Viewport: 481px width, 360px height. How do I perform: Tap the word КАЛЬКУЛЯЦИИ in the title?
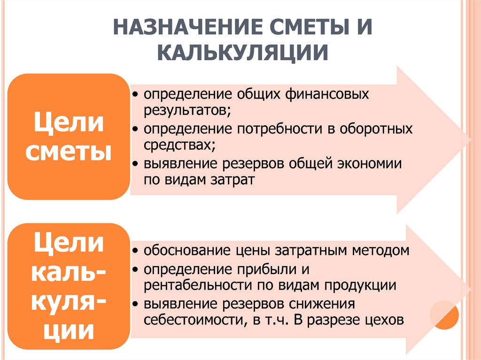coord(243,53)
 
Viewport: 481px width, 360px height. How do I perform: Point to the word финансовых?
coord(327,94)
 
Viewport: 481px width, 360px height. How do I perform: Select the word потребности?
coord(279,129)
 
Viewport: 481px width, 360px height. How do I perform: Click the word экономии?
coord(369,163)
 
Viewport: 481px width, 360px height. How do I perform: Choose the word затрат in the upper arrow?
coord(233,180)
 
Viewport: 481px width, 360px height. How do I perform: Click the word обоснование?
coord(187,251)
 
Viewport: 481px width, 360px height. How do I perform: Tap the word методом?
coord(380,251)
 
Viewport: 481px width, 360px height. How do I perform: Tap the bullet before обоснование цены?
coord(136,251)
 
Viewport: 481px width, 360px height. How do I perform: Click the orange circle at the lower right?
coord(444,315)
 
